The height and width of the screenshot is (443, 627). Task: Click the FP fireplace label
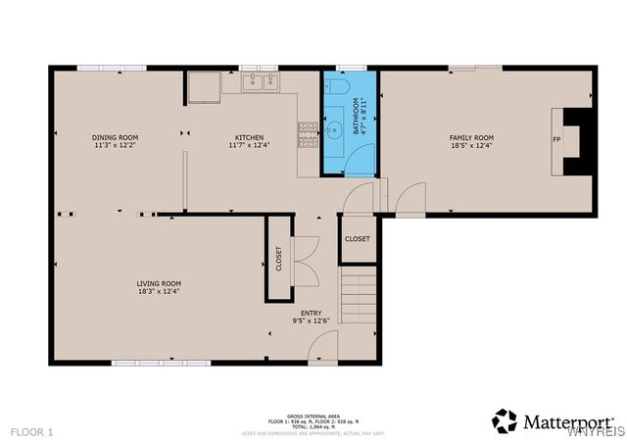556,139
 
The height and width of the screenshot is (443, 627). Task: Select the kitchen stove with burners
309,131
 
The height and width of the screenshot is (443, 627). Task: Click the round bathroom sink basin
334,127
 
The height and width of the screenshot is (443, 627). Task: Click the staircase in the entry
358,299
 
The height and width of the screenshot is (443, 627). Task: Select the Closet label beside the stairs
358,239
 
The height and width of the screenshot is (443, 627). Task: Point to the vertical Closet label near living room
278,259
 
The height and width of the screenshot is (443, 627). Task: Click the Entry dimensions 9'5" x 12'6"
311,320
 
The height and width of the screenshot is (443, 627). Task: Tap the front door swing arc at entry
323,345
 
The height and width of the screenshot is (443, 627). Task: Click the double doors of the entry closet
306,259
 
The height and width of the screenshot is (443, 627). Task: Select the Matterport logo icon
505,421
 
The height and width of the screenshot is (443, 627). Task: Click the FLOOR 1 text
32,431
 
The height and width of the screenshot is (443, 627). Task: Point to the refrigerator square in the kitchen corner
205,87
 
